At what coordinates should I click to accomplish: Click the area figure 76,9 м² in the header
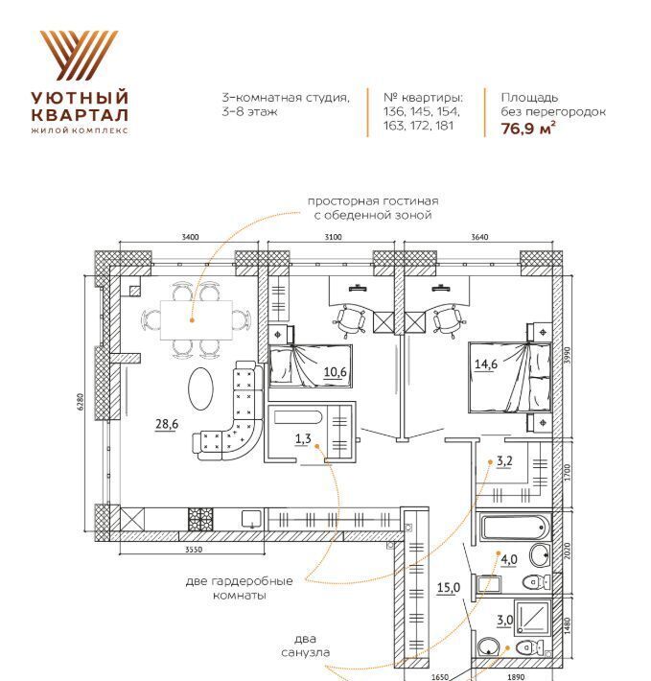point(528,129)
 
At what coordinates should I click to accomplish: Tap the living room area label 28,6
point(167,423)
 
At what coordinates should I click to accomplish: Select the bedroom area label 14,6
point(486,364)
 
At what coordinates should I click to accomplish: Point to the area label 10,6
point(335,372)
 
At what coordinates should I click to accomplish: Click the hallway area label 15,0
point(449,588)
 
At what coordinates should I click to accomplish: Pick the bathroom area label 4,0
point(509,560)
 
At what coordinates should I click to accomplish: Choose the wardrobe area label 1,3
point(303,438)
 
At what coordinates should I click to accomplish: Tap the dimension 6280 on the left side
point(81,403)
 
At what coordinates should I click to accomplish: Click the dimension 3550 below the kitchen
point(194,550)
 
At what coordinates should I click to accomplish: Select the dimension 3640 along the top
point(479,237)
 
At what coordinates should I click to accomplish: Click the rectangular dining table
point(197,320)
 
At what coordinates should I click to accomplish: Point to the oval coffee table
point(201,388)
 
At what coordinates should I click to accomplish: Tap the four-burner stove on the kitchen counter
point(201,519)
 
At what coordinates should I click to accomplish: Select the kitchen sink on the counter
point(252,519)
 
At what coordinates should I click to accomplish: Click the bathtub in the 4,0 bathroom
point(515,527)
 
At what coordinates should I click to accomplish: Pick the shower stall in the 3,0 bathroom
point(533,617)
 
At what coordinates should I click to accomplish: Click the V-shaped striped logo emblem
point(80,56)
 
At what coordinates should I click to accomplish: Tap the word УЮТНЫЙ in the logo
point(80,97)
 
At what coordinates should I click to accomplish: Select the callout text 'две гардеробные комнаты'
point(239,588)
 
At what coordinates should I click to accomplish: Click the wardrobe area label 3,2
point(504,460)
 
